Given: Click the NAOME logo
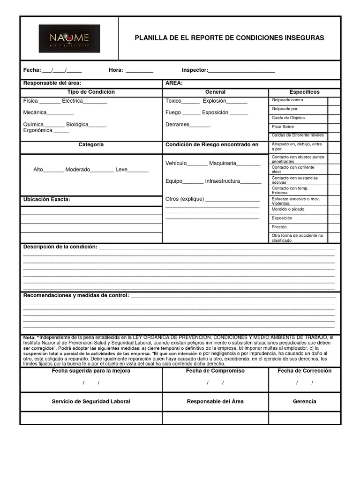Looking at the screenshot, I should [69, 38].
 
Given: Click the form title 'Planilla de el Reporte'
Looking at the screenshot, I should [229, 38].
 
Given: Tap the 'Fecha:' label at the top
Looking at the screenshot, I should [32, 70].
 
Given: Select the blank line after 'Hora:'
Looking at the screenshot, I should [139, 71].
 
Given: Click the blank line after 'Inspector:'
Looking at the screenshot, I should [241, 71].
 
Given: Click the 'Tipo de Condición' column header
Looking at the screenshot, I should [91, 92].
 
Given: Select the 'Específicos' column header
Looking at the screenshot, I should [304, 92].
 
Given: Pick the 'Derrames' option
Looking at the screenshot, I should [177, 125].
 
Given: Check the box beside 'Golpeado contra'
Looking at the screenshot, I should [334, 101].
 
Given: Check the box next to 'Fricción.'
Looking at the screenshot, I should [334, 227].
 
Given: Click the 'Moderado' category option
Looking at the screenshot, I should [77, 170].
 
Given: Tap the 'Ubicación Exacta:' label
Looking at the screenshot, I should [46, 199].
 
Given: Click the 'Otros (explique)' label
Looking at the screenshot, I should [185, 199].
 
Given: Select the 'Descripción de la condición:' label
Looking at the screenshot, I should [60, 247].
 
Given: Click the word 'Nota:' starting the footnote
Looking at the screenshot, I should [29, 337].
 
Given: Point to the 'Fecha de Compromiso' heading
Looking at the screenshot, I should [215, 371].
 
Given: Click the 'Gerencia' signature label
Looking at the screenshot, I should [304, 401].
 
